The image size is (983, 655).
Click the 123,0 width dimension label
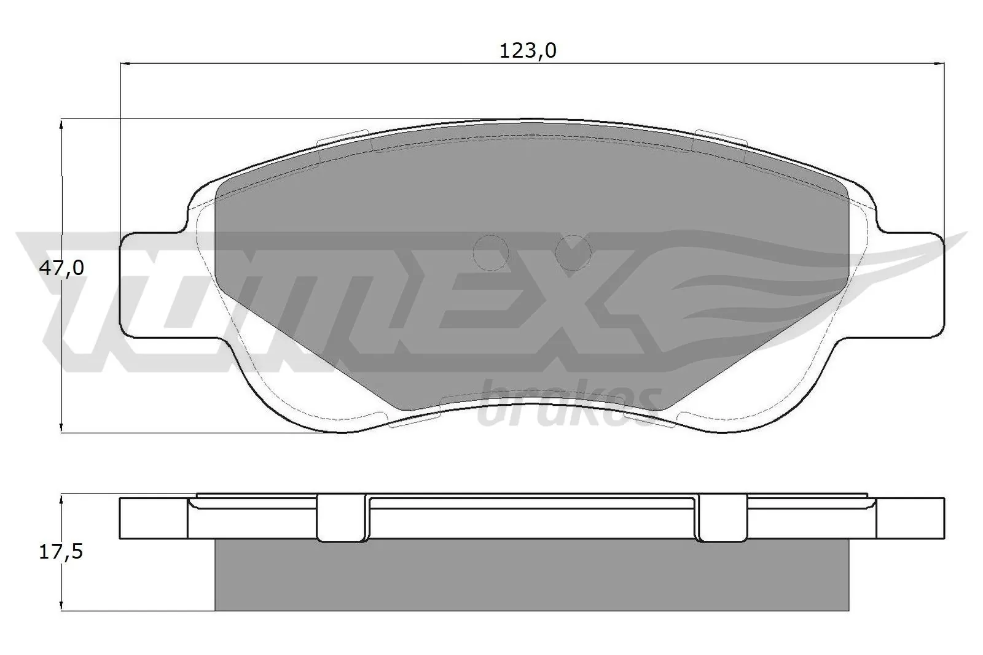coord(528,51)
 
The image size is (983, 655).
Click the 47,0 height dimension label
coord(61,268)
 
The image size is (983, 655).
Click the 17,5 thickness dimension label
coord(61,552)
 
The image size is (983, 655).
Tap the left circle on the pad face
coord(491,252)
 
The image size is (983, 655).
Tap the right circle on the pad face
coord(573,252)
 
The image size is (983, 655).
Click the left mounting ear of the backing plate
coord(151,285)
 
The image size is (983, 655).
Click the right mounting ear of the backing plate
coord(912,285)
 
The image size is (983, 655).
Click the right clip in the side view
coord(723,517)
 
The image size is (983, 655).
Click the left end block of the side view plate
coord(152,518)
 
